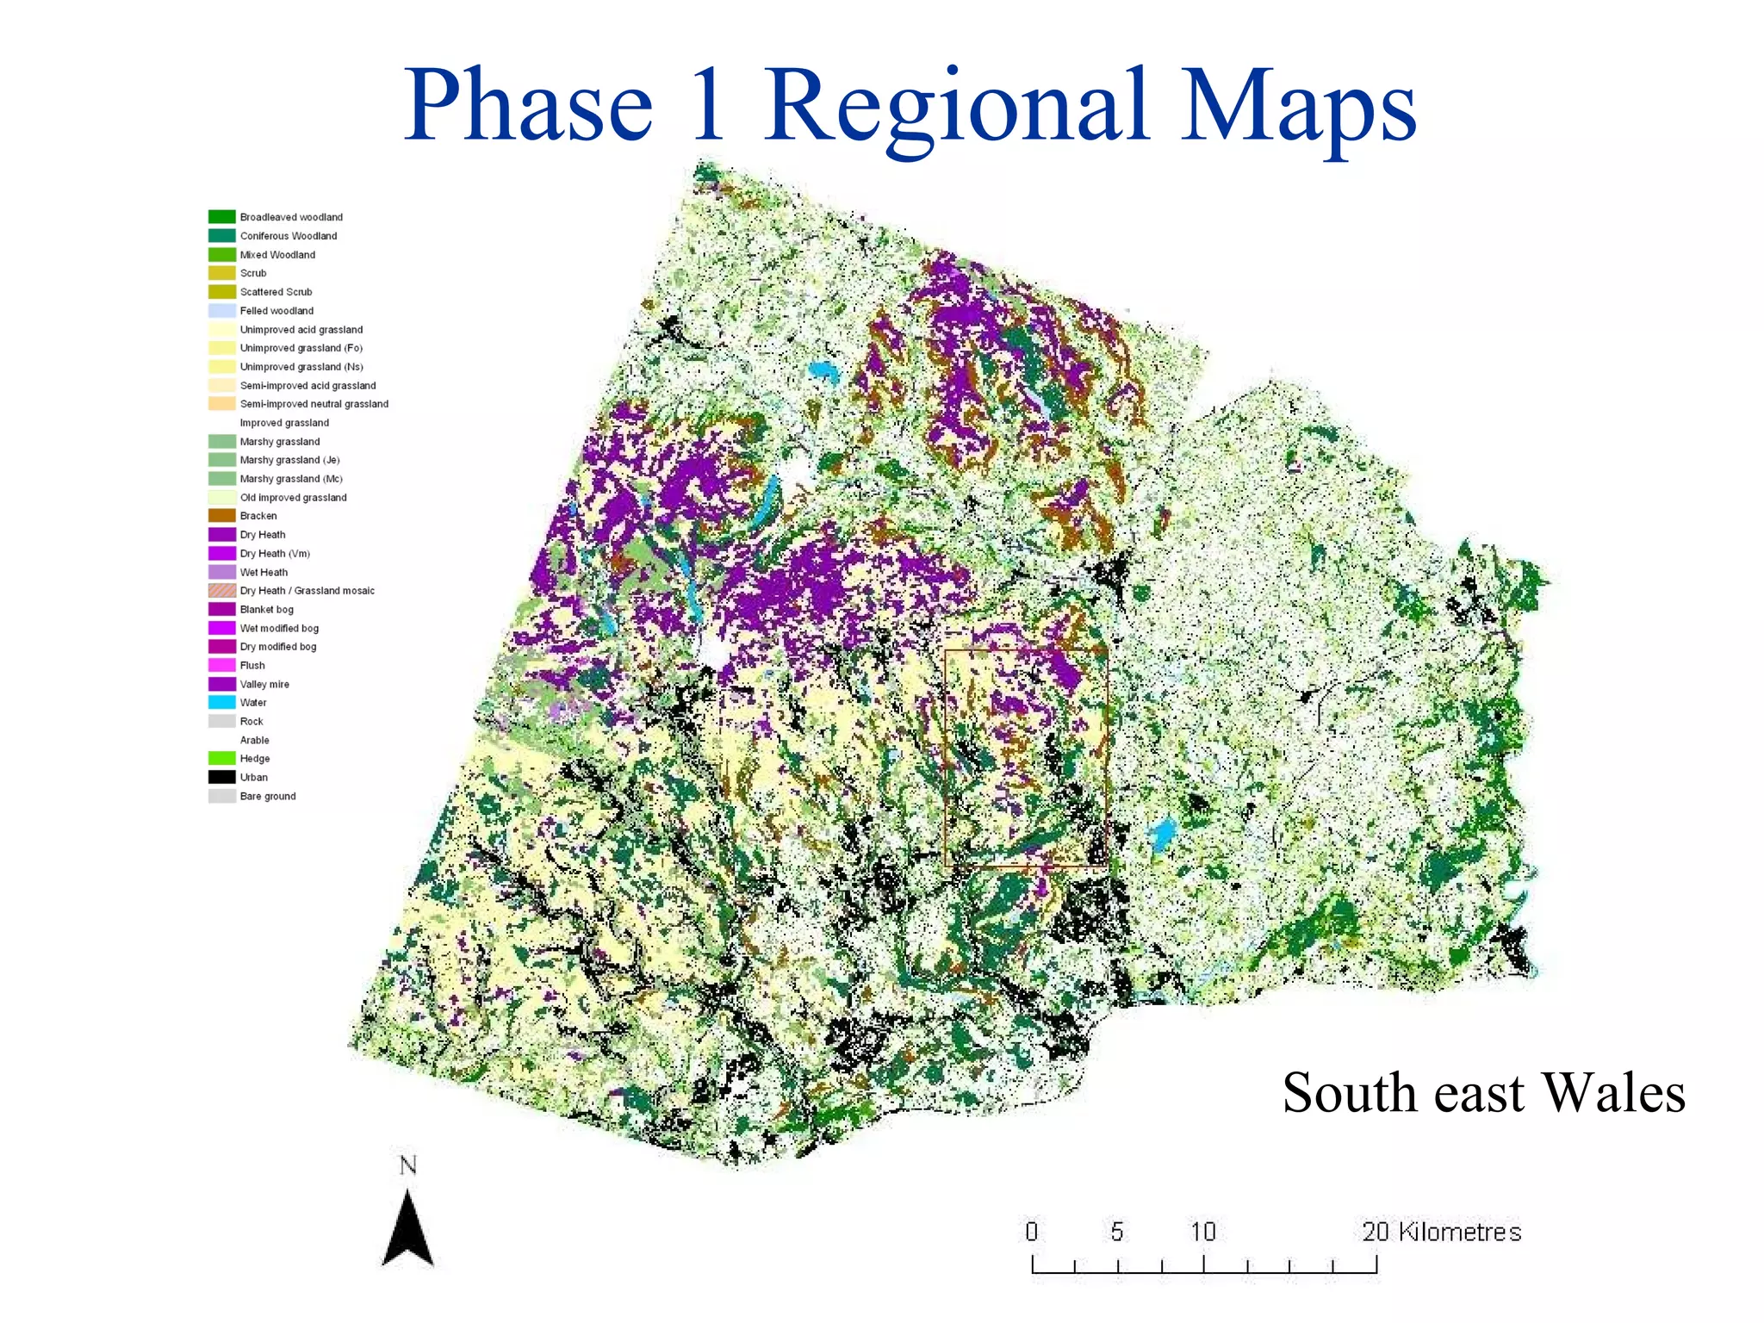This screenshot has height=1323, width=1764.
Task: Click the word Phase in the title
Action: coord(528,107)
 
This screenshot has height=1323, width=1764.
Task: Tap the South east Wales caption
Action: coord(1482,1093)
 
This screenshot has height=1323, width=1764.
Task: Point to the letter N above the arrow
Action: coord(407,1165)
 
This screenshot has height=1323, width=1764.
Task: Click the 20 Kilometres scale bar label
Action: coord(1441,1232)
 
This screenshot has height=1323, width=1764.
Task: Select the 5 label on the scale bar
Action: coord(1116,1232)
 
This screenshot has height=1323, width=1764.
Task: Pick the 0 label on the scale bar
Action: coord(1031,1232)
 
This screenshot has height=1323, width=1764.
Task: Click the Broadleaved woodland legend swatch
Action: coord(221,217)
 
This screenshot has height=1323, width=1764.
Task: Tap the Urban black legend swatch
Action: coord(221,777)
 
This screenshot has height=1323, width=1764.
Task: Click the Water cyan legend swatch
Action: coord(221,702)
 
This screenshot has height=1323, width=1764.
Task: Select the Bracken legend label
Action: coord(258,516)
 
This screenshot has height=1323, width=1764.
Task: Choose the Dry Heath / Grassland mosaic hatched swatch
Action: coord(221,590)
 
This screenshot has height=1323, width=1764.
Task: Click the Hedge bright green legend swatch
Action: coord(221,758)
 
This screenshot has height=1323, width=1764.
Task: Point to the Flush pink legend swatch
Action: coord(221,665)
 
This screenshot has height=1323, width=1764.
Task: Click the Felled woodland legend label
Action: coord(276,311)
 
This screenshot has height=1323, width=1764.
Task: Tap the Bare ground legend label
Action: coord(268,796)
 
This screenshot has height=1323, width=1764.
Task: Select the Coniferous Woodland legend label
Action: coord(289,236)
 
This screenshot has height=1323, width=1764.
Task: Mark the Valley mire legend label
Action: coord(264,684)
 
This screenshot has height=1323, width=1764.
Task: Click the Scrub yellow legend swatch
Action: coord(221,273)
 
